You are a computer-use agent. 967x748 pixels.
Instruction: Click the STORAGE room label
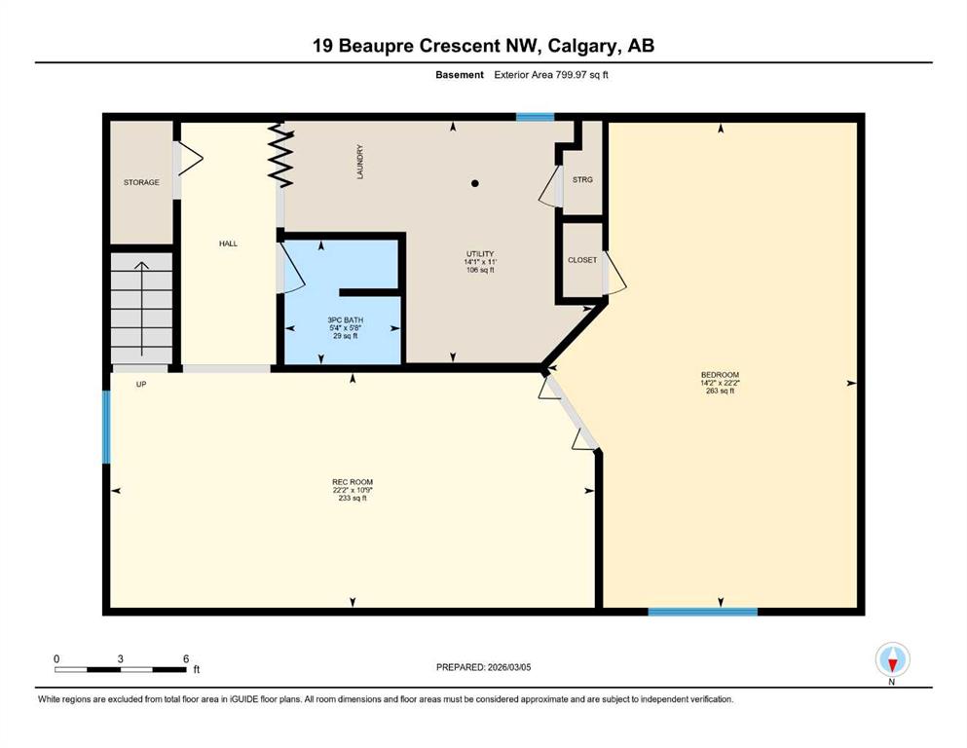(x=141, y=182)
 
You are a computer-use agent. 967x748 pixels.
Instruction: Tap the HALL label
(x=228, y=243)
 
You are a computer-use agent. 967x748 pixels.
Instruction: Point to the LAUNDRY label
(x=360, y=163)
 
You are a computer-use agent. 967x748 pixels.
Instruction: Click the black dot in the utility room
(x=475, y=183)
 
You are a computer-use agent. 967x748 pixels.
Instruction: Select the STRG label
(x=582, y=180)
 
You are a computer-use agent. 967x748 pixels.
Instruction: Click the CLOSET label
(x=582, y=260)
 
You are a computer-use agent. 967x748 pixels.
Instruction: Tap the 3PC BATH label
(x=346, y=320)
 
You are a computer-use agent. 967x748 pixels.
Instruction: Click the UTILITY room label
(x=480, y=254)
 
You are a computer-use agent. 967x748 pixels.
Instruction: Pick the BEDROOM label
(x=720, y=375)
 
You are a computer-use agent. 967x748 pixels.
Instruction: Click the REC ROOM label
(x=353, y=482)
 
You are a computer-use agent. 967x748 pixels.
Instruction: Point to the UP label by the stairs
(x=141, y=384)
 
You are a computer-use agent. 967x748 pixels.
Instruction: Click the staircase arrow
(x=142, y=309)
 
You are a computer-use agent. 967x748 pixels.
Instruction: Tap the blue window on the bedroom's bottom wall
(x=702, y=612)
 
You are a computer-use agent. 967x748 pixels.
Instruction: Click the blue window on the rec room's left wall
(x=106, y=427)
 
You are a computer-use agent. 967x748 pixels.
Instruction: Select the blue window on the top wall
(x=535, y=117)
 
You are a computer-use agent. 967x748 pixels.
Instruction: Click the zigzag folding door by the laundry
(x=280, y=155)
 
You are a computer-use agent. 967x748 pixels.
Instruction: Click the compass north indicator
(x=892, y=663)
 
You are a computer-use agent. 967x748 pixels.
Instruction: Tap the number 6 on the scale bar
(x=186, y=658)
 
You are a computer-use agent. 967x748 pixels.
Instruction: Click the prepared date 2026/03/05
(x=508, y=667)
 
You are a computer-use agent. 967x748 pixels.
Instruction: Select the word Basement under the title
(x=460, y=75)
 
